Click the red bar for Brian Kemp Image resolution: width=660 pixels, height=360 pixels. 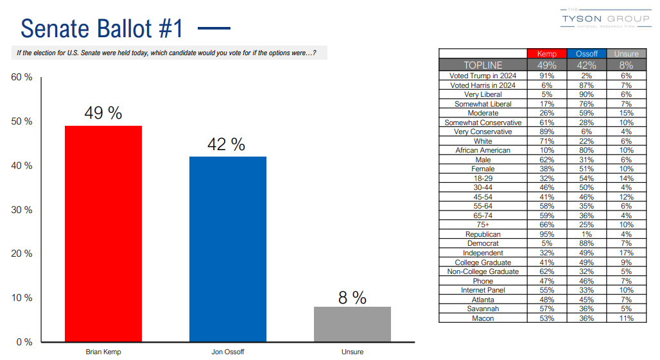pos(103,234)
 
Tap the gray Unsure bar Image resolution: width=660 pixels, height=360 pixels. pos(352,324)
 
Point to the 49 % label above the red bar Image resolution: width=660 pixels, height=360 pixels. pos(103,114)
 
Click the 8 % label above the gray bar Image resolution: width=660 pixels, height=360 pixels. pos(352,298)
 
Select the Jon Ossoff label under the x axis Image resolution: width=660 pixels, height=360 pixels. pos(227,352)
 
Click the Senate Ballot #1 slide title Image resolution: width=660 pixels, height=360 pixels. pos(102,29)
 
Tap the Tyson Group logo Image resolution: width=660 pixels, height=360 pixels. pos(605,19)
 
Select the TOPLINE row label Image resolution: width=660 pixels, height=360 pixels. pos(483,65)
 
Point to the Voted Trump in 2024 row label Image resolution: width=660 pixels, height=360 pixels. pos(483,76)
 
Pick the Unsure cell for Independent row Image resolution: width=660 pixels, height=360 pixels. pos(626,253)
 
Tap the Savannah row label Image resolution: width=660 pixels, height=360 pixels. pos(483,309)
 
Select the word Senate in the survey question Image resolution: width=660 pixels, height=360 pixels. pos(98,53)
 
